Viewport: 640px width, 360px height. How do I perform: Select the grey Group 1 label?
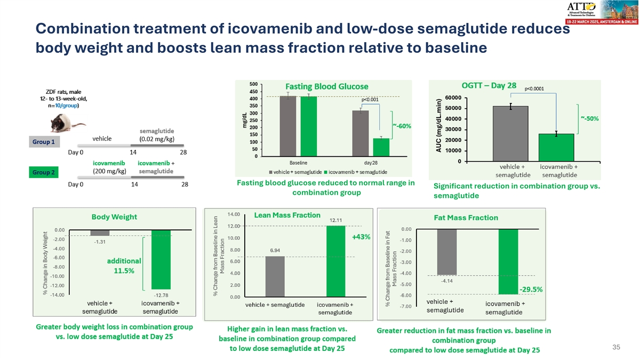(x=45, y=142)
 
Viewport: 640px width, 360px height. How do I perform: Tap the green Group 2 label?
(x=45, y=172)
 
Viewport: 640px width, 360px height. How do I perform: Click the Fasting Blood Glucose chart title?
(x=327, y=86)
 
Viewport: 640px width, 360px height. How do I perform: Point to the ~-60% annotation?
(x=402, y=125)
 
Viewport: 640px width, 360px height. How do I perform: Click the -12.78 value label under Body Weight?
(x=161, y=294)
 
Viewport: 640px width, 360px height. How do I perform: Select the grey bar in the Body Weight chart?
(x=100, y=233)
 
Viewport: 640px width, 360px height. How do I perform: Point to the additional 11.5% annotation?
(x=124, y=266)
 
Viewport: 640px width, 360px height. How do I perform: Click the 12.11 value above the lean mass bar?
(x=336, y=220)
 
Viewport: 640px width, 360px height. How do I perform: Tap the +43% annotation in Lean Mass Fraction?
(x=361, y=237)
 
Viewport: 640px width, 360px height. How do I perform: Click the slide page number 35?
(x=616, y=348)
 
